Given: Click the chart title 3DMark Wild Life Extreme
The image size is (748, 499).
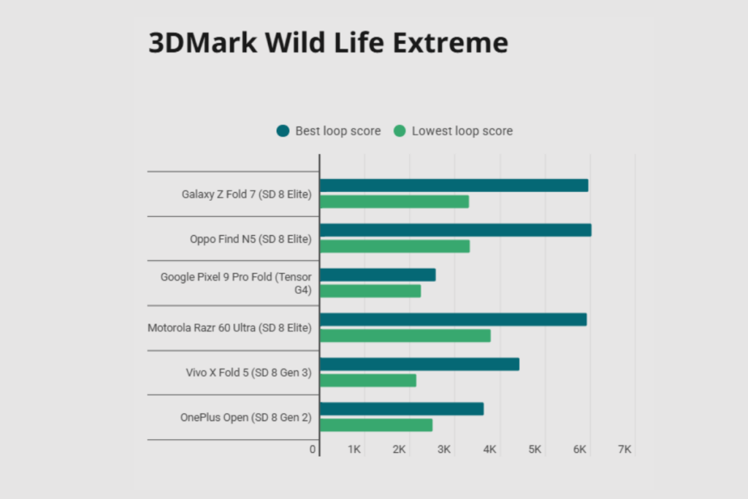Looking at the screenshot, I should (328, 43).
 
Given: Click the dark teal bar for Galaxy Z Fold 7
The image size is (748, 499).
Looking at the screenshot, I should (454, 186).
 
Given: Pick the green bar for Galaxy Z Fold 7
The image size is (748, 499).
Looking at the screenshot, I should (394, 202).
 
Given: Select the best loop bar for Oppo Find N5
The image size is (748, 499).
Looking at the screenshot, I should (455, 230).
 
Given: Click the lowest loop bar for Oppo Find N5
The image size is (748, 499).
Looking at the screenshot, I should (394, 246).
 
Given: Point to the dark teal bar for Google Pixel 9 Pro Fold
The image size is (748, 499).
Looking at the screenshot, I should (378, 275).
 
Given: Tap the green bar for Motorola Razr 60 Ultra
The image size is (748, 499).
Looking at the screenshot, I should (405, 335).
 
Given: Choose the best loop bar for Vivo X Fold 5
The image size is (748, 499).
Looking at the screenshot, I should (419, 364).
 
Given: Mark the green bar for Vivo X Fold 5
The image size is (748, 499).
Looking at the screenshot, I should (368, 381).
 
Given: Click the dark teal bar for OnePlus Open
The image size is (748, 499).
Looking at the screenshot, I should (402, 409).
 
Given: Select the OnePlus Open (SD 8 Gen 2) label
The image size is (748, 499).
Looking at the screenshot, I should (245, 418).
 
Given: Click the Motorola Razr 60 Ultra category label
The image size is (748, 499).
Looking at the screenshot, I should (229, 328).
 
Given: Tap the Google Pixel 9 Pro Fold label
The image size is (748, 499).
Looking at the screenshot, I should (236, 283).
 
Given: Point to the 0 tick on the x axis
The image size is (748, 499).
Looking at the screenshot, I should (313, 449).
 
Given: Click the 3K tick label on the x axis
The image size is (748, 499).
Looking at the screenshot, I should (444, 449).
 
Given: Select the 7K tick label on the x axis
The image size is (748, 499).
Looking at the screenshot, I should (624, 449).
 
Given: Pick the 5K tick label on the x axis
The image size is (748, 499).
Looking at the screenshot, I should (535, 449).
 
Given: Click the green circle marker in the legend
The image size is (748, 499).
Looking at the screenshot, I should (400, 132).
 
